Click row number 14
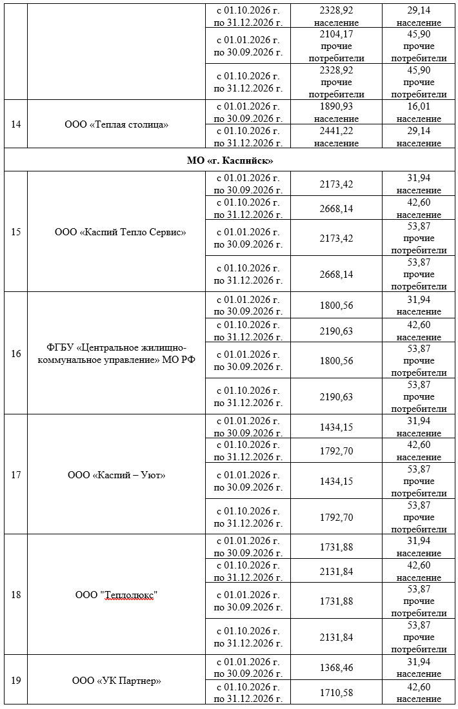15,124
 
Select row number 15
15,232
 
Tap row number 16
15,353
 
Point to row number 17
15,475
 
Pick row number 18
15,594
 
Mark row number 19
15,680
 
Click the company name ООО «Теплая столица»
117,124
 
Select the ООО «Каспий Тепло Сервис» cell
121,232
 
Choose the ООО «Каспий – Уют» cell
117,475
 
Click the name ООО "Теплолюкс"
117,594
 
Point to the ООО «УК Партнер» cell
117,680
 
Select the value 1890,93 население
336,112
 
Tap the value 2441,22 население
336,137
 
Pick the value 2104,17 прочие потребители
336,46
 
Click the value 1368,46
336,668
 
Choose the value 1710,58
336,692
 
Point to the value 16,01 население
419,112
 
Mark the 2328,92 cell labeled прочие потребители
336,82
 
